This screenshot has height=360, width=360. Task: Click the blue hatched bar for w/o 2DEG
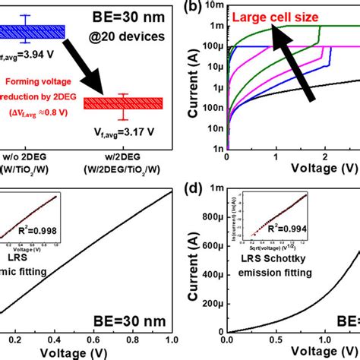[x=30, y=31]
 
